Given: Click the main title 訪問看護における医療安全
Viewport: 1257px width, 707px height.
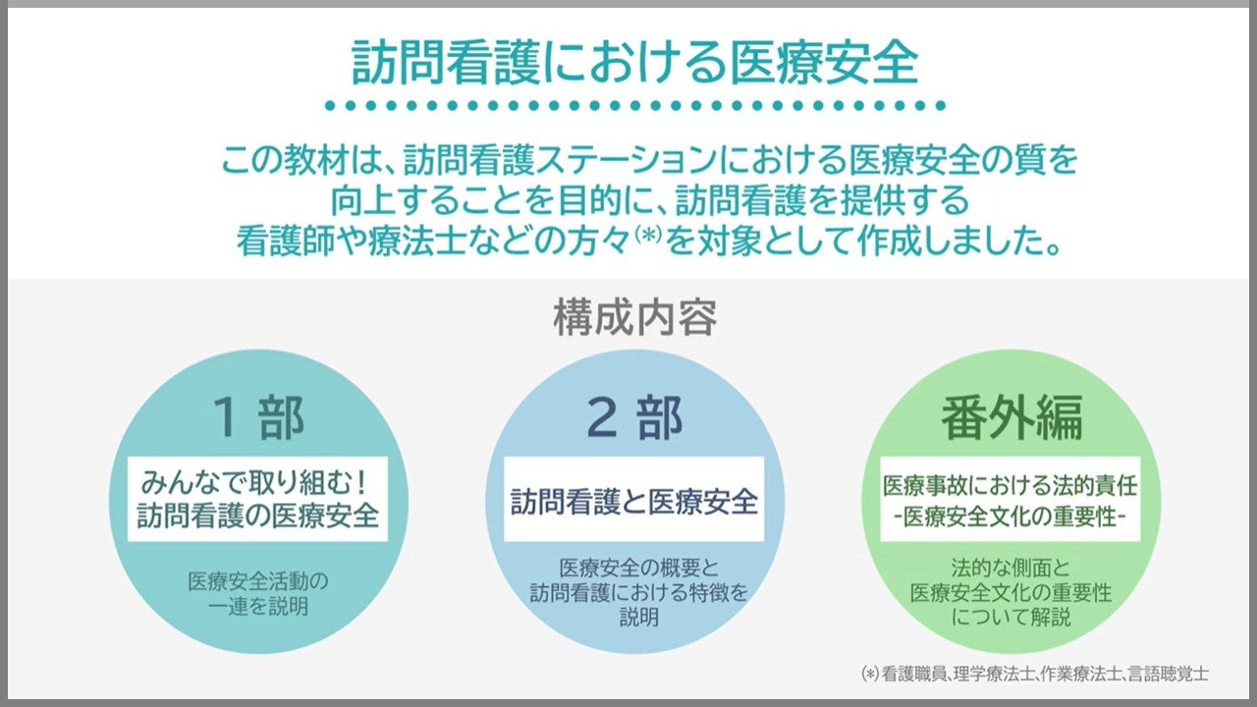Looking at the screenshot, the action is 634,63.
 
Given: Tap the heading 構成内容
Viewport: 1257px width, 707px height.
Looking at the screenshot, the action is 635,318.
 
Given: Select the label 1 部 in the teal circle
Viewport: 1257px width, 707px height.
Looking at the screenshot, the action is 258,417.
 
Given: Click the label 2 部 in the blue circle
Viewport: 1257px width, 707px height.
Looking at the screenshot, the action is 634,417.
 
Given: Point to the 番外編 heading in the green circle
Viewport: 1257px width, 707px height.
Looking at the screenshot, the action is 1011,418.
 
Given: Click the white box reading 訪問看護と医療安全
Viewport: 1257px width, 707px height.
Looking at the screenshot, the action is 634,499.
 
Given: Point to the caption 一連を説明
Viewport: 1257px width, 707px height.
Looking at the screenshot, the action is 258,607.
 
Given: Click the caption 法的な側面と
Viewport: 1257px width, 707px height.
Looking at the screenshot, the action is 1011,569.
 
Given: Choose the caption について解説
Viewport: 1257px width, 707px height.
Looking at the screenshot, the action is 1011,618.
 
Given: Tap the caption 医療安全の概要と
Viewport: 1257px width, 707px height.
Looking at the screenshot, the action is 639,569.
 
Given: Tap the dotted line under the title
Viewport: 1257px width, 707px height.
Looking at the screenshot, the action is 635,105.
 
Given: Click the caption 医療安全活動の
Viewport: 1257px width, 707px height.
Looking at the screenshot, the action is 258,582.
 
